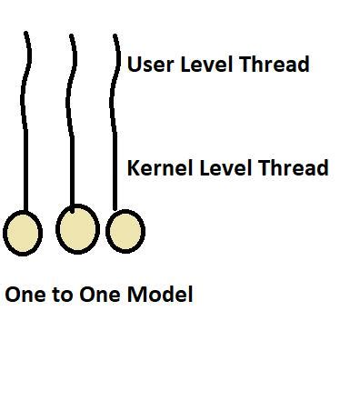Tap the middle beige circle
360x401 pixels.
[77, 228]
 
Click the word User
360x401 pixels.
[147, 65]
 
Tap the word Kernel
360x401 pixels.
[155, 168]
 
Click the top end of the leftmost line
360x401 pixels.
[26, 35]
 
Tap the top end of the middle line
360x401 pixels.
[72, 36]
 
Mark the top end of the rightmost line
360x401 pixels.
[115, 36]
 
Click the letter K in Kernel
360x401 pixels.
[133, 168]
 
